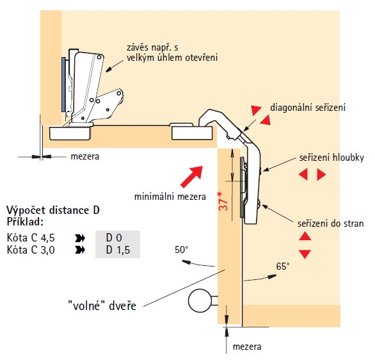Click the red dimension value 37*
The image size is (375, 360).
tap(223, 201)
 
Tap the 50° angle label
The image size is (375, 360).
tap(181, 250)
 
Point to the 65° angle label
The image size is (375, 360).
tap(283, 266)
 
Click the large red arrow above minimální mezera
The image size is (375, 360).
tap(191, 177)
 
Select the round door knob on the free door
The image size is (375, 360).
tap(200, 300)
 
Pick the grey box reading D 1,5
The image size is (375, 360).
tap(118, 250)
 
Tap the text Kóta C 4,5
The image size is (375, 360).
tap(31, 238)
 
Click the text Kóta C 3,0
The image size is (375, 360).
tap(31, 250)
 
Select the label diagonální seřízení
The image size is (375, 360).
tap(308, 108)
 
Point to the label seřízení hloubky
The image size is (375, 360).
tap(331, 158)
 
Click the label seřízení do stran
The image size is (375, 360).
tap(330, 224)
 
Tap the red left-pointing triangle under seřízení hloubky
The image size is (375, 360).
tap(303, 174)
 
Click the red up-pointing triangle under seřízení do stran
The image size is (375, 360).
tap(305, 236)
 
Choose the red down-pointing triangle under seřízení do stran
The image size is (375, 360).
tap(305, 254)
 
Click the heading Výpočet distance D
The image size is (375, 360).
tap(53, 210)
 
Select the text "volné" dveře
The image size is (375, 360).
tap(102, 306)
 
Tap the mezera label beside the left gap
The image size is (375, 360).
tap(85, 156)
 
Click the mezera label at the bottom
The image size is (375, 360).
tap(247, 347)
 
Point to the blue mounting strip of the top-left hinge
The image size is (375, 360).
tap(63, 85)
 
